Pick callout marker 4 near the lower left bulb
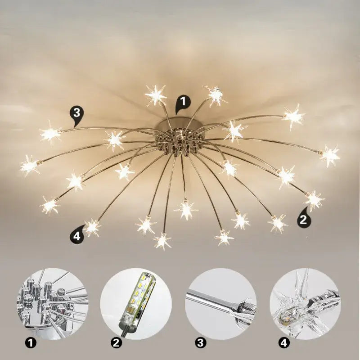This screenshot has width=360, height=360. pyautogui.click(x=77, y=236)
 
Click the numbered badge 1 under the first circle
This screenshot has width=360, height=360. pyautogui.click(x=31, y=343)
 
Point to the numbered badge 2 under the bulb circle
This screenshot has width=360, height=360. pyautogui.click(x=116, y=343)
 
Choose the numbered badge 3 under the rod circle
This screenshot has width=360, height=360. pyautogui.click(x=200, y=343)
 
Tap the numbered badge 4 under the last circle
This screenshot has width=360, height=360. pyautogui.click(x=284, y=343)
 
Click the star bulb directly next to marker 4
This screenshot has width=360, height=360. pyautogui.click(x=92, y=227)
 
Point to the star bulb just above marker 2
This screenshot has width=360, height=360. pyautogui.click(x=314, y=199)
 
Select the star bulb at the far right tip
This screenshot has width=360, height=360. pyautogui.click(x=330, y=155)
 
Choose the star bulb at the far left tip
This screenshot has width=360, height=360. pyautogui.click(x=29, y=166)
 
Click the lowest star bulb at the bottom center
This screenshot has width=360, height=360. pyautogui.click(x=162, y=241)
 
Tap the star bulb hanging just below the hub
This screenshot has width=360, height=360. pyautogui.click(x=186, y=209)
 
